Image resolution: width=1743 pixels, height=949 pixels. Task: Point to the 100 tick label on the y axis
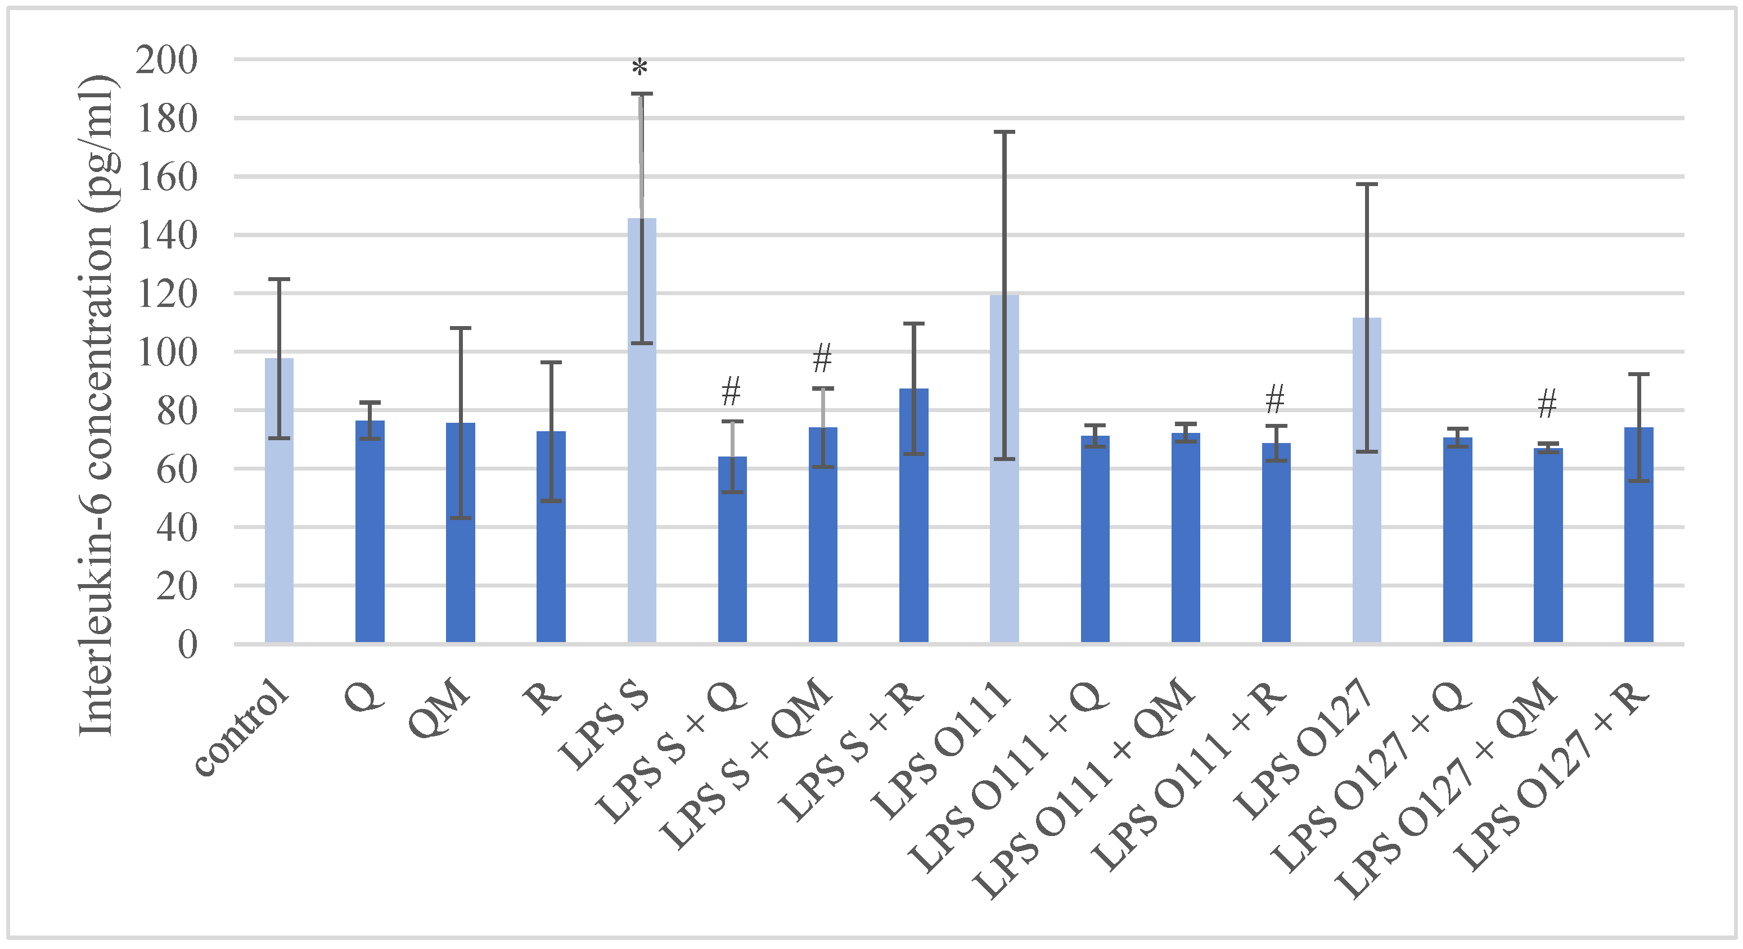pos(166,353)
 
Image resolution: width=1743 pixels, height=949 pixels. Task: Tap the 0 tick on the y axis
pos(187,645)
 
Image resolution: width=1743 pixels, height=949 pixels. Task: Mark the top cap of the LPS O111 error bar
pos(1004,132)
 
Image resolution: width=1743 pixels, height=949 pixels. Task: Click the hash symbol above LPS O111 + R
pos(1275,399)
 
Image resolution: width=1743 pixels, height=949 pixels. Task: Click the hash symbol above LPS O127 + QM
pos(1547,404)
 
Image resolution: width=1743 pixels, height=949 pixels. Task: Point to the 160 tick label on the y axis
pos(166,177)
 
